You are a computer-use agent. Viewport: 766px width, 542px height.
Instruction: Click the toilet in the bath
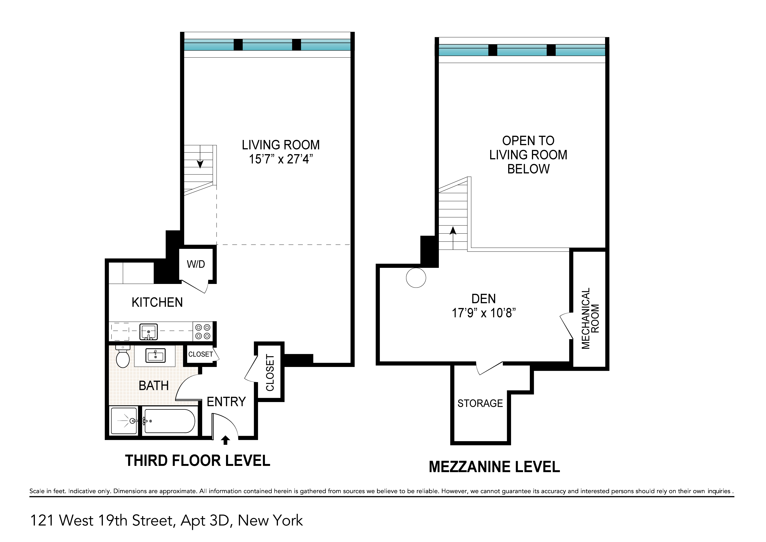coord(123,357)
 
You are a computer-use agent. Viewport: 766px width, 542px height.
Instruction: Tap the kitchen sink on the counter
coord(148,332)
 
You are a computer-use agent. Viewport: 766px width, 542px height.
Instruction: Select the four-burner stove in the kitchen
coord(202,332)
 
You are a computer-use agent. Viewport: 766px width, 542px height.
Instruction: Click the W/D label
coord(196,264)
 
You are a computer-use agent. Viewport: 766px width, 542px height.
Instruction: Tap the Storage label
coord(480,403)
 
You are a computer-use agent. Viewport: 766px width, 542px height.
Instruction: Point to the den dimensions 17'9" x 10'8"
coord(484,313)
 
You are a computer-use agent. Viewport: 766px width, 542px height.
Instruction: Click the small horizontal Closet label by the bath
coord(201,354)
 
